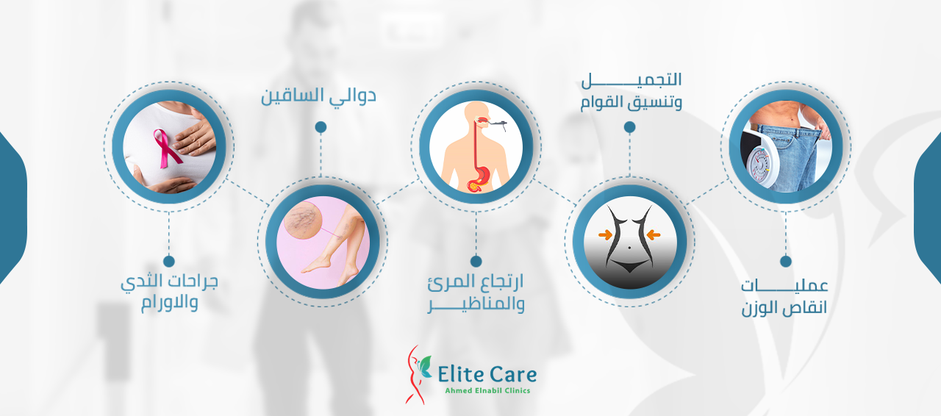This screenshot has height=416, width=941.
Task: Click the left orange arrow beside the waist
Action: point(605,234)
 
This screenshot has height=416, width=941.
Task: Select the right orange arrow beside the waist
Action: point(654,234)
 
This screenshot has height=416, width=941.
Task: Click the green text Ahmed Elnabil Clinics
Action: point(487,391)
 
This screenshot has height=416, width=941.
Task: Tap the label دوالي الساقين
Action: point(318,96)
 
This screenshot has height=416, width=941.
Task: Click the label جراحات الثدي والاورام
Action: point(169,292)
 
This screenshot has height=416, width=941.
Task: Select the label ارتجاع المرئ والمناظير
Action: point(476,293)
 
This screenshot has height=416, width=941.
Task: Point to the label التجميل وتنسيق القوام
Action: point(631,92)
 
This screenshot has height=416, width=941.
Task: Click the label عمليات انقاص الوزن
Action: point(784,298)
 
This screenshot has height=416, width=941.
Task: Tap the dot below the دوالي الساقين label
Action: point(321,127)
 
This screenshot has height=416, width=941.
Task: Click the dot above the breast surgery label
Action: point(169,262)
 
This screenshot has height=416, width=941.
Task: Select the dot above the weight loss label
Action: point(786,262)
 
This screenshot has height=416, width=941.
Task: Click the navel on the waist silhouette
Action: point(629,248)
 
